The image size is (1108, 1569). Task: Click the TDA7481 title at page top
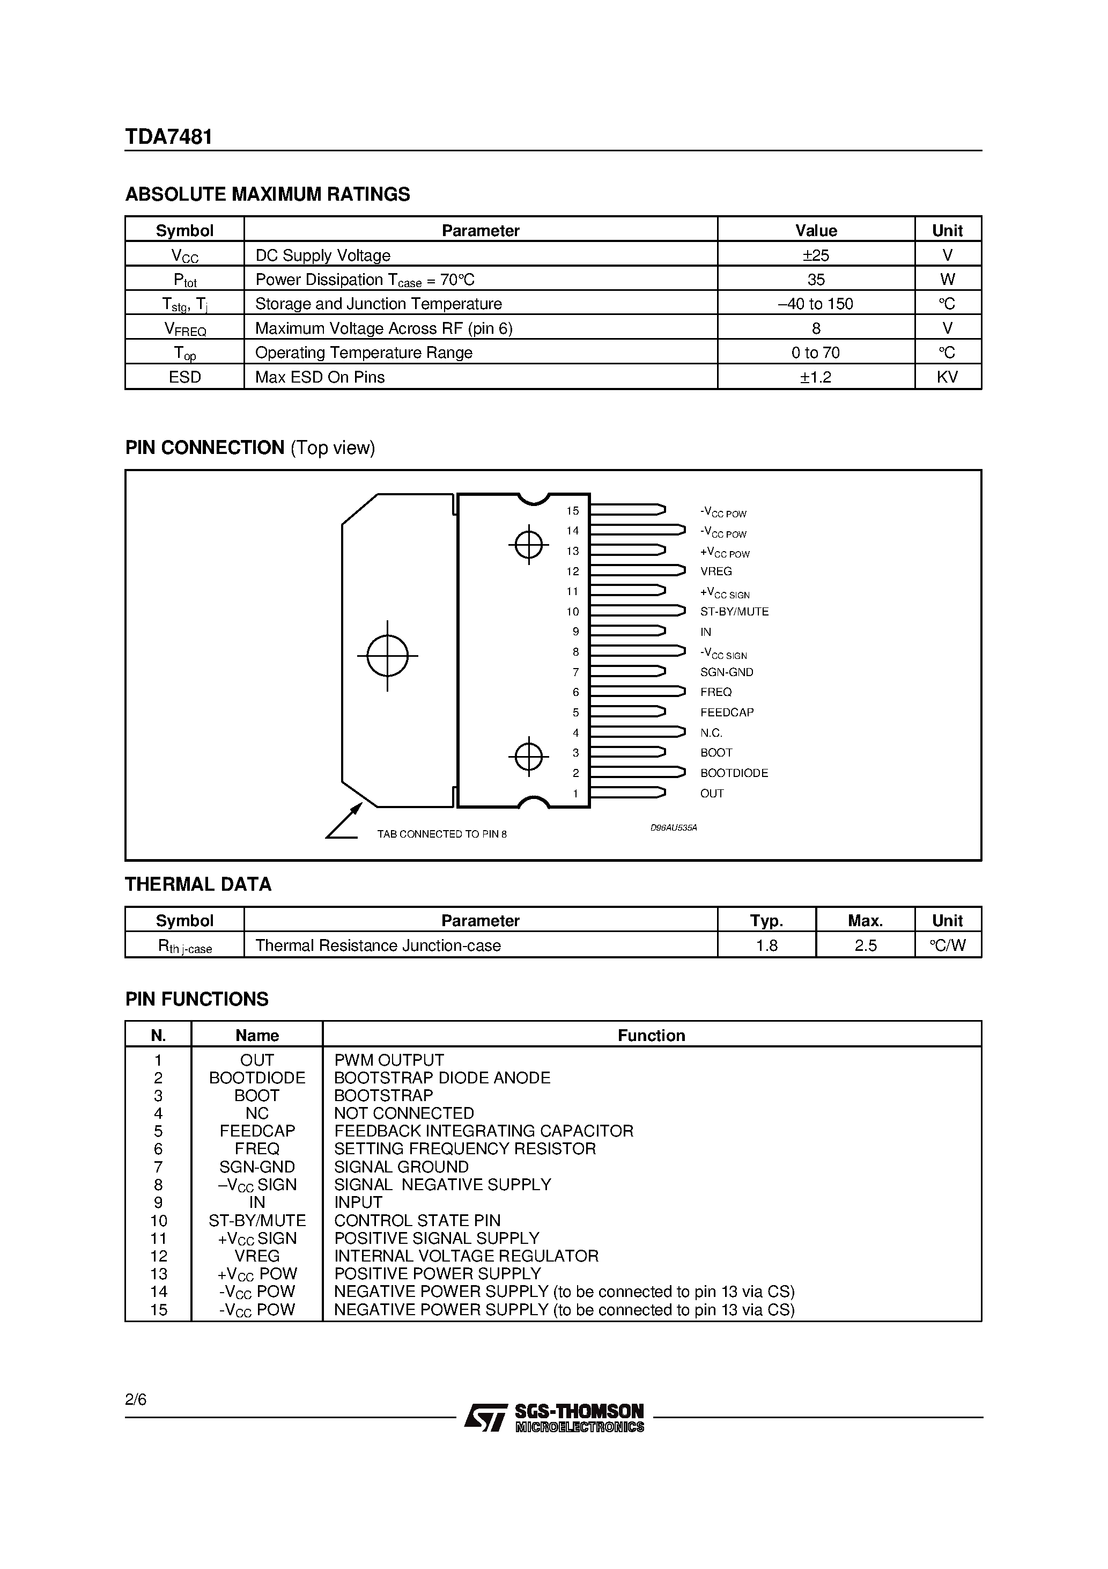tap(169, 137)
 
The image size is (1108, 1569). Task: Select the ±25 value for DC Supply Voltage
tap(816, 255)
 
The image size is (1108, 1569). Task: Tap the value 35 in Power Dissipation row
tap(816, 280)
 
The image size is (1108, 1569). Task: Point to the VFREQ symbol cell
tap(184, 329)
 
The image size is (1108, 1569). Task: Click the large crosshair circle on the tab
tap(387, 655)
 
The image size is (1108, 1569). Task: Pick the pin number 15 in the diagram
tap(572, 510)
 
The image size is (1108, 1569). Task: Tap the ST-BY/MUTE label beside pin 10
tap(734, 612)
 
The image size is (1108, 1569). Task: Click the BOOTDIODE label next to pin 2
tap(734, 773)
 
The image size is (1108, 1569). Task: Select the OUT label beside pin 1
tap(711, 794)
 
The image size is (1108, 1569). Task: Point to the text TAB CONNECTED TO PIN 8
tap(442, 834)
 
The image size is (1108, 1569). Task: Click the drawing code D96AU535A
tap(673, 827)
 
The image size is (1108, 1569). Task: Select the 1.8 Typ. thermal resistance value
tap(766, 946)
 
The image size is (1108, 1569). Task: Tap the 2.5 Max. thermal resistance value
tap(865, 946)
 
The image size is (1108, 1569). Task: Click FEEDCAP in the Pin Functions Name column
tap(257, 1131)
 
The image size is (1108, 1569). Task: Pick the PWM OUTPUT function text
tap(389, 1060)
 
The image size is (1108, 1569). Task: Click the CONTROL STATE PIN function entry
tap(417, 1221)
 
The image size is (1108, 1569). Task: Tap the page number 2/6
tap(136, 1399)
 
